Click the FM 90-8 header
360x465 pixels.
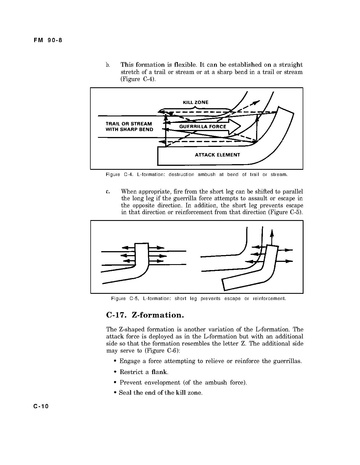coord(48,40)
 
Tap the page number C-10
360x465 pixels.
coord(41,406)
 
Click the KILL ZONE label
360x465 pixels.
coord(195,102)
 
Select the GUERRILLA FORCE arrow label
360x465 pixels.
coord(202,126)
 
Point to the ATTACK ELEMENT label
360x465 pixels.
coord(217,155)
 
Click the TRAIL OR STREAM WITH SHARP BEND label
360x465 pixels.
coord(129,126)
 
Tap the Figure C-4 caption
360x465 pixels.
coord(197,174)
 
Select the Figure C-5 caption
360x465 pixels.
coord(198,298)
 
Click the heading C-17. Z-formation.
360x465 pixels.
coord(145,315)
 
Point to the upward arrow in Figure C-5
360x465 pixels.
coord(272,238)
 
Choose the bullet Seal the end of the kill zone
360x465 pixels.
coord(158,393)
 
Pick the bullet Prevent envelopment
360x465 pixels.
coord(180,382)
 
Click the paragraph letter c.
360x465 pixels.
coord(107,192)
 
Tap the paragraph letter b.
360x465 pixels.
coord(107,65)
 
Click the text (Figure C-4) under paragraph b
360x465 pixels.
coord(138,79)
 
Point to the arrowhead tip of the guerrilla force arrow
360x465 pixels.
coord(241,126)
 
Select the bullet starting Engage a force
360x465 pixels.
coord(208,361)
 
